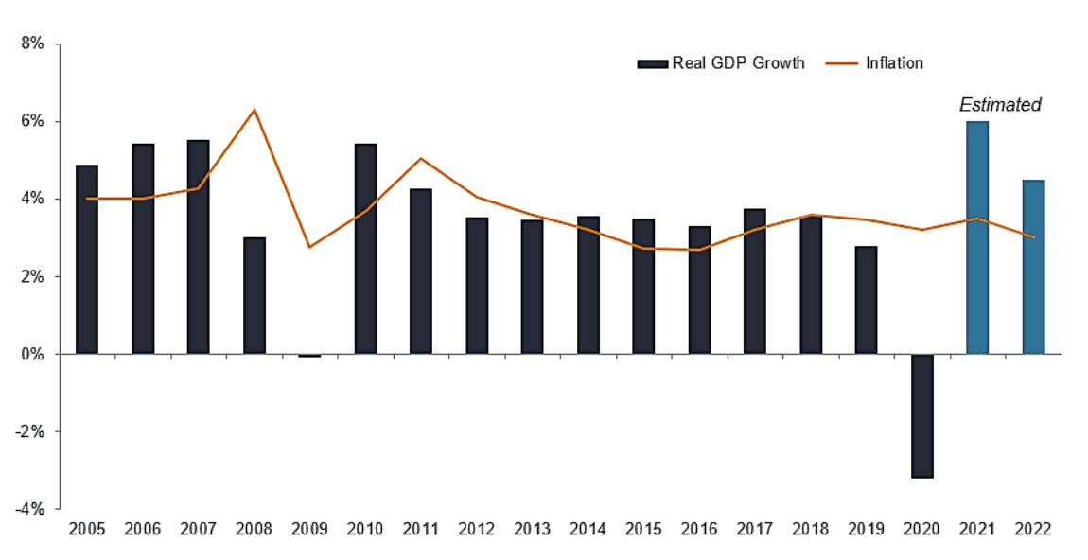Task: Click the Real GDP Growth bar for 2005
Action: pyautogui.click(x=87, y=260)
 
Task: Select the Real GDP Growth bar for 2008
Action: pyautogui.click(x=254, y=295)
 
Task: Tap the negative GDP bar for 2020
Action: pyautogui.click(x=921, y=415)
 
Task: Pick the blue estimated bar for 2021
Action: pyautogui.click(x=977, y=237)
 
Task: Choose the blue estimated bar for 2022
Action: pyautogui.click(x=1033, y=267)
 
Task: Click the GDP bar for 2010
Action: pyautogui.click(x=365, y=249)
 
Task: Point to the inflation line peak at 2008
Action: pyautogui.click(x=254, y=110)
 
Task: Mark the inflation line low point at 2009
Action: pyautogui.click(x=310, y=247)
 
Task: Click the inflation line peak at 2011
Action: pyautogui.click(x=421, y=159)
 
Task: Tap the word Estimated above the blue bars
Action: pyautogui.click(x=1000, y=105)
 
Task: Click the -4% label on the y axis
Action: pyautogui.click(x=29, y=508)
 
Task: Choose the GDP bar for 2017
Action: pyautogui.click(x=755, y=281)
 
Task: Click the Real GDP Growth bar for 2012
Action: pyautogui.click(x=477, y=286)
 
